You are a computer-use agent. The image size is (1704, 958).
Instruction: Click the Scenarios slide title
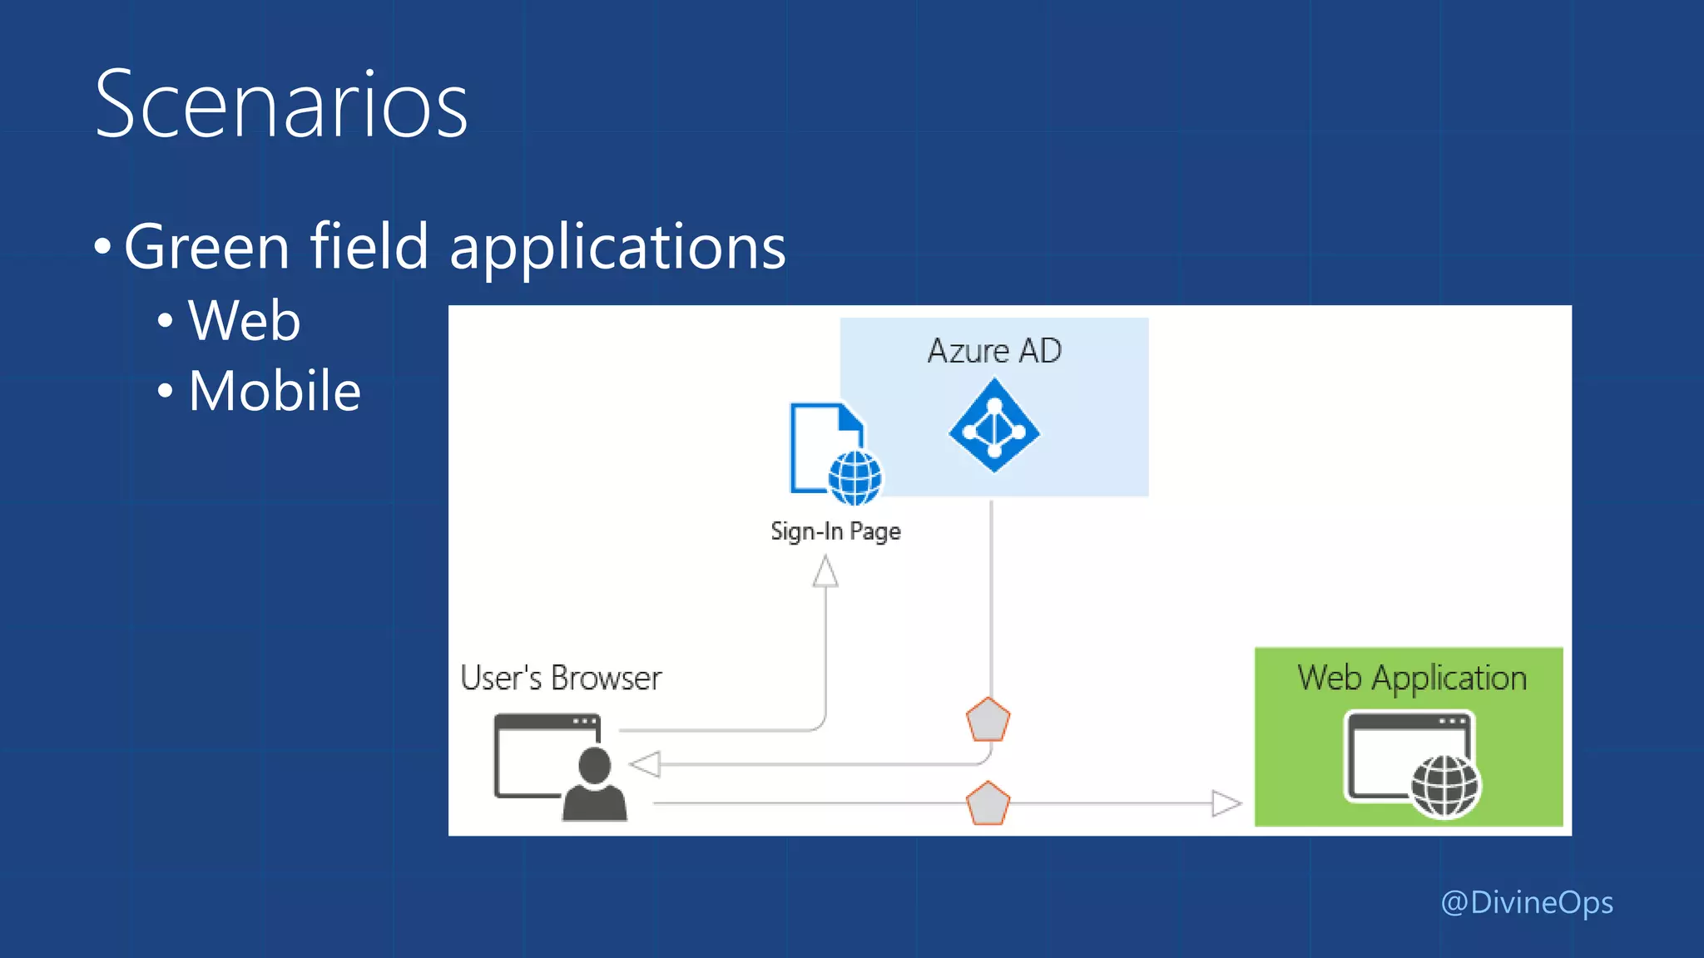pos(281,105)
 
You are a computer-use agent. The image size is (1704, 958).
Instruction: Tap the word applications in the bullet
pos(617,248)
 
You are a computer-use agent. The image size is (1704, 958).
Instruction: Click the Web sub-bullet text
pos(244,321)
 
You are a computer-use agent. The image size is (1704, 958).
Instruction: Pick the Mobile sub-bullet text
pos(275,391)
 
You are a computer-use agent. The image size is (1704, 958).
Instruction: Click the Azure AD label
pos(994,351)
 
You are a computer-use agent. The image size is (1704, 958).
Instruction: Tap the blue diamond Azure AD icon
pos(994,426)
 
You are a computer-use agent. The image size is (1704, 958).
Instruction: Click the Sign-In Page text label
pos(835,531)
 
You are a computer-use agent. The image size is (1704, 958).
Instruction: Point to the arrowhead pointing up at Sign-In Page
pos(825,572)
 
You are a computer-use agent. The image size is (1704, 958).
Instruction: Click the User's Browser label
pos(561,679)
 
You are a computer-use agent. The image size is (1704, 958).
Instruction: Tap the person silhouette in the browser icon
pos(594,785)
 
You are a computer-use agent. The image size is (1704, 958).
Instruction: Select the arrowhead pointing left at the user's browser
pos(646,763)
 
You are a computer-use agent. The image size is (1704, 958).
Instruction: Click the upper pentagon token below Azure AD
pos(988,720)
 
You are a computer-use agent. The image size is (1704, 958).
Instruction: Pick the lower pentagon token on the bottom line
pos(988,803)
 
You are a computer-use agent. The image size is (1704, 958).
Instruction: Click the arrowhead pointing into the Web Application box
pos(1226,803)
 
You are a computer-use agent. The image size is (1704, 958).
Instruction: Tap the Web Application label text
pos(1412,679)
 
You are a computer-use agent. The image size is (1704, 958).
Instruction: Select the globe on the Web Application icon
pos(1445,787)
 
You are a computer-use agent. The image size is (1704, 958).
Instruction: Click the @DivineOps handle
pos(1526,903)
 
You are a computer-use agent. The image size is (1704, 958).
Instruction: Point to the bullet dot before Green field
pos(102,247)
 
